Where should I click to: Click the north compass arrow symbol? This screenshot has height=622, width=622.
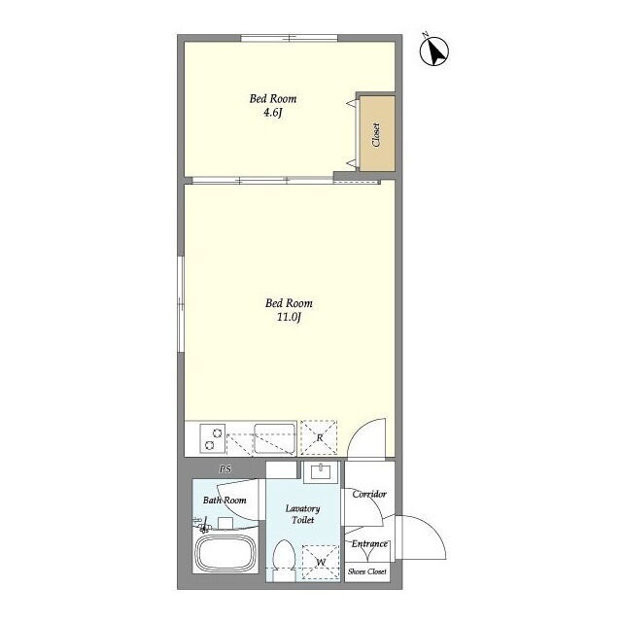pyautogui.click(x=434, y=51)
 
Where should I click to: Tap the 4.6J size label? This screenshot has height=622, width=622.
pyautogui.click(x=272, y=113)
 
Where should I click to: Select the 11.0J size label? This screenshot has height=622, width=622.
pyautogui.click(x=289, y=318)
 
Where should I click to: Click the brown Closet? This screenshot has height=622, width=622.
pyautogui.click(x=377, y=134)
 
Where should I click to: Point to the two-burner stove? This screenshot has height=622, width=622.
pyautogui.click(x=213, y=438)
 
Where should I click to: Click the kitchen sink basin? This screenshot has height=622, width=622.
pyautogui.click(x=274, y=438)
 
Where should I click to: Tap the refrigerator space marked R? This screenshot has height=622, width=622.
pyautogui.click(x=319, y=437)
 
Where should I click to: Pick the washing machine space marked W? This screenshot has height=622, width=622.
pyautogui.click(x=321, y=562)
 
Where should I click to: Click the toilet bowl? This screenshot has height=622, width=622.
pyautogui.click(x=284, y=560)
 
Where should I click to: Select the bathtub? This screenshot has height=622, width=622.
pyautogui.click(x=225, y=553)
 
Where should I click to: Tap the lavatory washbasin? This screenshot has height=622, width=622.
pyautogui.click(x=321, y=472)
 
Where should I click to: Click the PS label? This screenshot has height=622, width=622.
pyautogui.click(x=225, y=469)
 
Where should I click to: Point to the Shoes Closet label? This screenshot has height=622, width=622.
pyautogui.click(x=367, y=571)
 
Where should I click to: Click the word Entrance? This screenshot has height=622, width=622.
pyautogui.click(x=369, y=544)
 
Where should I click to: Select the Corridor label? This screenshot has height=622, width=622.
pyautogui.click(x=369, y=495)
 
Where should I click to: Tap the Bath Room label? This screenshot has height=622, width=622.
pyautogui.click(x=225, y=501)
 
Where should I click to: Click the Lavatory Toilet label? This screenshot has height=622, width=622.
pyautogui.click(x=302, y=514)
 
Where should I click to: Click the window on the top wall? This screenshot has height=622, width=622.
pyautogui.click(x=290, y=38)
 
